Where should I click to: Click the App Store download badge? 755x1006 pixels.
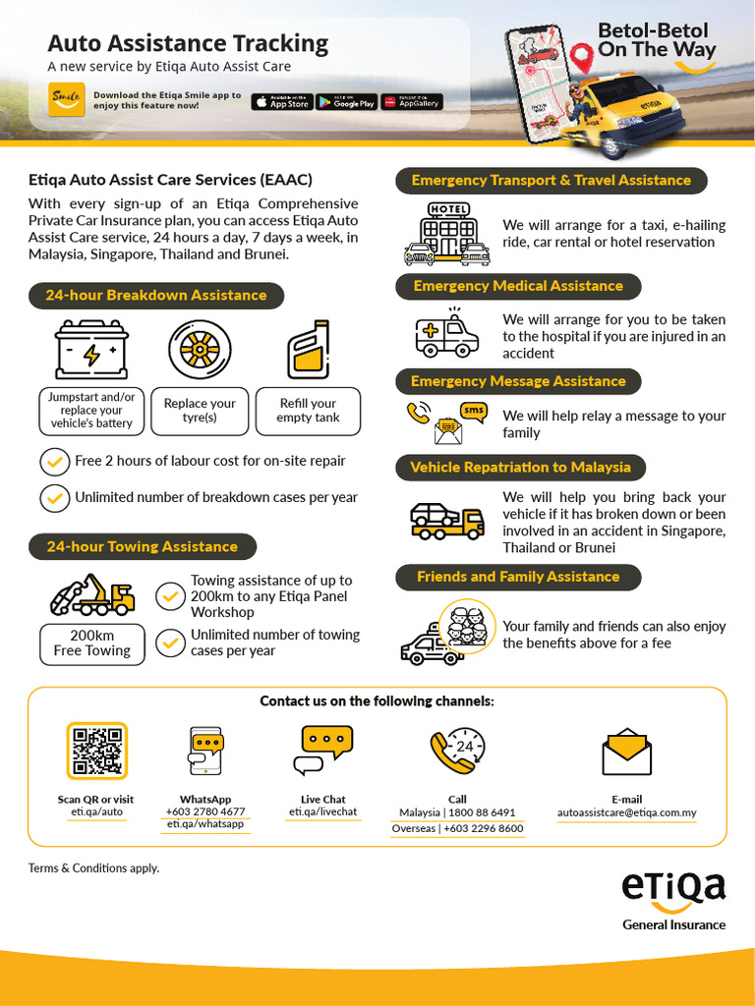(x=281, y=101)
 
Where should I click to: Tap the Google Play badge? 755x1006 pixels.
(x=346, y=101)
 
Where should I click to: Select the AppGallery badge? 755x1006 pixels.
(x=412, y=101)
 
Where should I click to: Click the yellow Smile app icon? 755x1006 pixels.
(x=67, y=100)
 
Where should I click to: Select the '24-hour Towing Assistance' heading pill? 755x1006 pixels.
(x=142, y=546)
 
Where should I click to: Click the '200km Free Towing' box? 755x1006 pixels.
(x=91, y=643)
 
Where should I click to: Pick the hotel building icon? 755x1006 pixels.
(x=448, y=234)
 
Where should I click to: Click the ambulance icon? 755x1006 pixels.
(x=446, y=335)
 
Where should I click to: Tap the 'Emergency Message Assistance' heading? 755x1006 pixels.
(x=518, y=381)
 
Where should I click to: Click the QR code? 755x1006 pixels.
(x=96, y=751)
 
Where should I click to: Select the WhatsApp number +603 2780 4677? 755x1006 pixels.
(x=205, y=812)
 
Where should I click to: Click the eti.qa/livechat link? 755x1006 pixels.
(x=322, y=812)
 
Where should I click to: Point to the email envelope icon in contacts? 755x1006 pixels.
(x=626, y=752)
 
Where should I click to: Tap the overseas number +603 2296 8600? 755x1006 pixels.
(x=457, y=828)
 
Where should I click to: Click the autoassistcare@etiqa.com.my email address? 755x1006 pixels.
(x=626, y=812)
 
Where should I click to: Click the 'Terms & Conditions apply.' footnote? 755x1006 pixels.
(x=93, y=868)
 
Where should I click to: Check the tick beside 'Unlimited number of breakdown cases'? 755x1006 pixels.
(x=54, y=498)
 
